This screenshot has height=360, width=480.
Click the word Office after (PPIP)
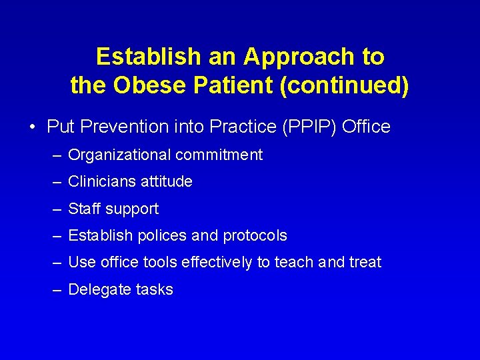pos(366,127)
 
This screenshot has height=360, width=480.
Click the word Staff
pos(84,209)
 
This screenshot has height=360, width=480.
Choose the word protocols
pos(255,236)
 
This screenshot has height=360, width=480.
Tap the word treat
pos(365,263)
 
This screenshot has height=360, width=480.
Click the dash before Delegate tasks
pos(57,290)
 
